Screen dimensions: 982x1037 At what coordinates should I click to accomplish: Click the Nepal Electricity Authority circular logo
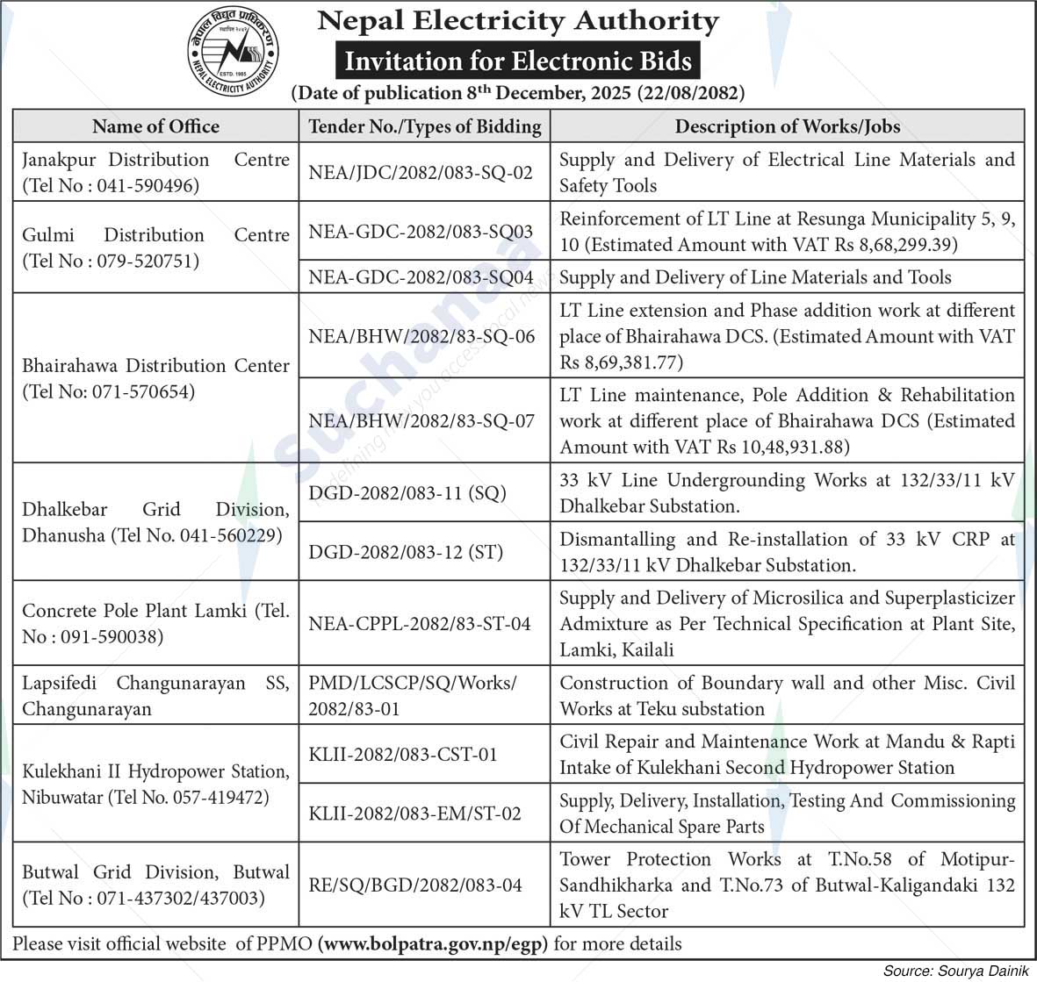232,54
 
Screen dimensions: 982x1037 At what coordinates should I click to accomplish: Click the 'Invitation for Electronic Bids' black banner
518,61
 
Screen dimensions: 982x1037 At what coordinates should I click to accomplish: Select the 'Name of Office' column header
155,126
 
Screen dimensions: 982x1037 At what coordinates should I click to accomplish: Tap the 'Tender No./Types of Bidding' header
425,126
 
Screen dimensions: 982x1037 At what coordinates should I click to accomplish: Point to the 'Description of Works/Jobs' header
787,126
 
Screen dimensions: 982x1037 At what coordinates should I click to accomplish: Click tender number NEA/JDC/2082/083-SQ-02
421,173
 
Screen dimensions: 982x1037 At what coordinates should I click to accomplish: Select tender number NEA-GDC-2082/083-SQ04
421,277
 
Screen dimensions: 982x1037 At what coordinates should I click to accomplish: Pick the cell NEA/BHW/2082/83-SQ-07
421,421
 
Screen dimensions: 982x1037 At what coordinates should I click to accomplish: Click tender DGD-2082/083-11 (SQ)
407,493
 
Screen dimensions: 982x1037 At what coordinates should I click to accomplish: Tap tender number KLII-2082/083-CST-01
403,755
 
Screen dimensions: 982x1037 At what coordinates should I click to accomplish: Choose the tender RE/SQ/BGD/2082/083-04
415,885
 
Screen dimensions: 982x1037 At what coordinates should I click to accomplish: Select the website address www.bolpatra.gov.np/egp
433,944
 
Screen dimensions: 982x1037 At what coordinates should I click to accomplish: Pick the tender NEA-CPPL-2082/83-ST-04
420,624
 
